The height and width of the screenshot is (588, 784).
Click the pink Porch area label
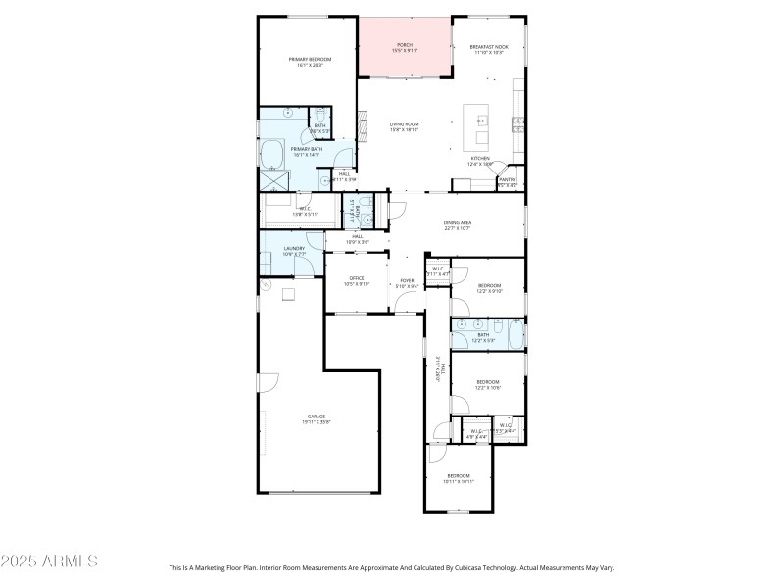405,48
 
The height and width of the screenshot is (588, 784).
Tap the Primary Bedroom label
310,63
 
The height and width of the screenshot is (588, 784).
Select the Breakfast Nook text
488,49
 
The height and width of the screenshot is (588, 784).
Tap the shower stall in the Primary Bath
273,181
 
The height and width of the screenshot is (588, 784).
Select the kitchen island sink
483,122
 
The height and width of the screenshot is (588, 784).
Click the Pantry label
508,181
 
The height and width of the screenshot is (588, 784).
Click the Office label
357,280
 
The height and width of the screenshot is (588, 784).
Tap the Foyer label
406,283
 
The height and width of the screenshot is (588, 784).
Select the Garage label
317,418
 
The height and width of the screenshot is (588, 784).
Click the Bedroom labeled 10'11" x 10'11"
458,478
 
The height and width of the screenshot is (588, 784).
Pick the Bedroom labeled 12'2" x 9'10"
489,287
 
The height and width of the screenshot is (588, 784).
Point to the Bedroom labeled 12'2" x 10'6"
488,384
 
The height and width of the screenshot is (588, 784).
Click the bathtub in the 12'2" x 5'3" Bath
516,334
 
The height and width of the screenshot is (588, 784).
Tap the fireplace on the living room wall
362,123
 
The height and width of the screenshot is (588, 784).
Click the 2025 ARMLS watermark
49,562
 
